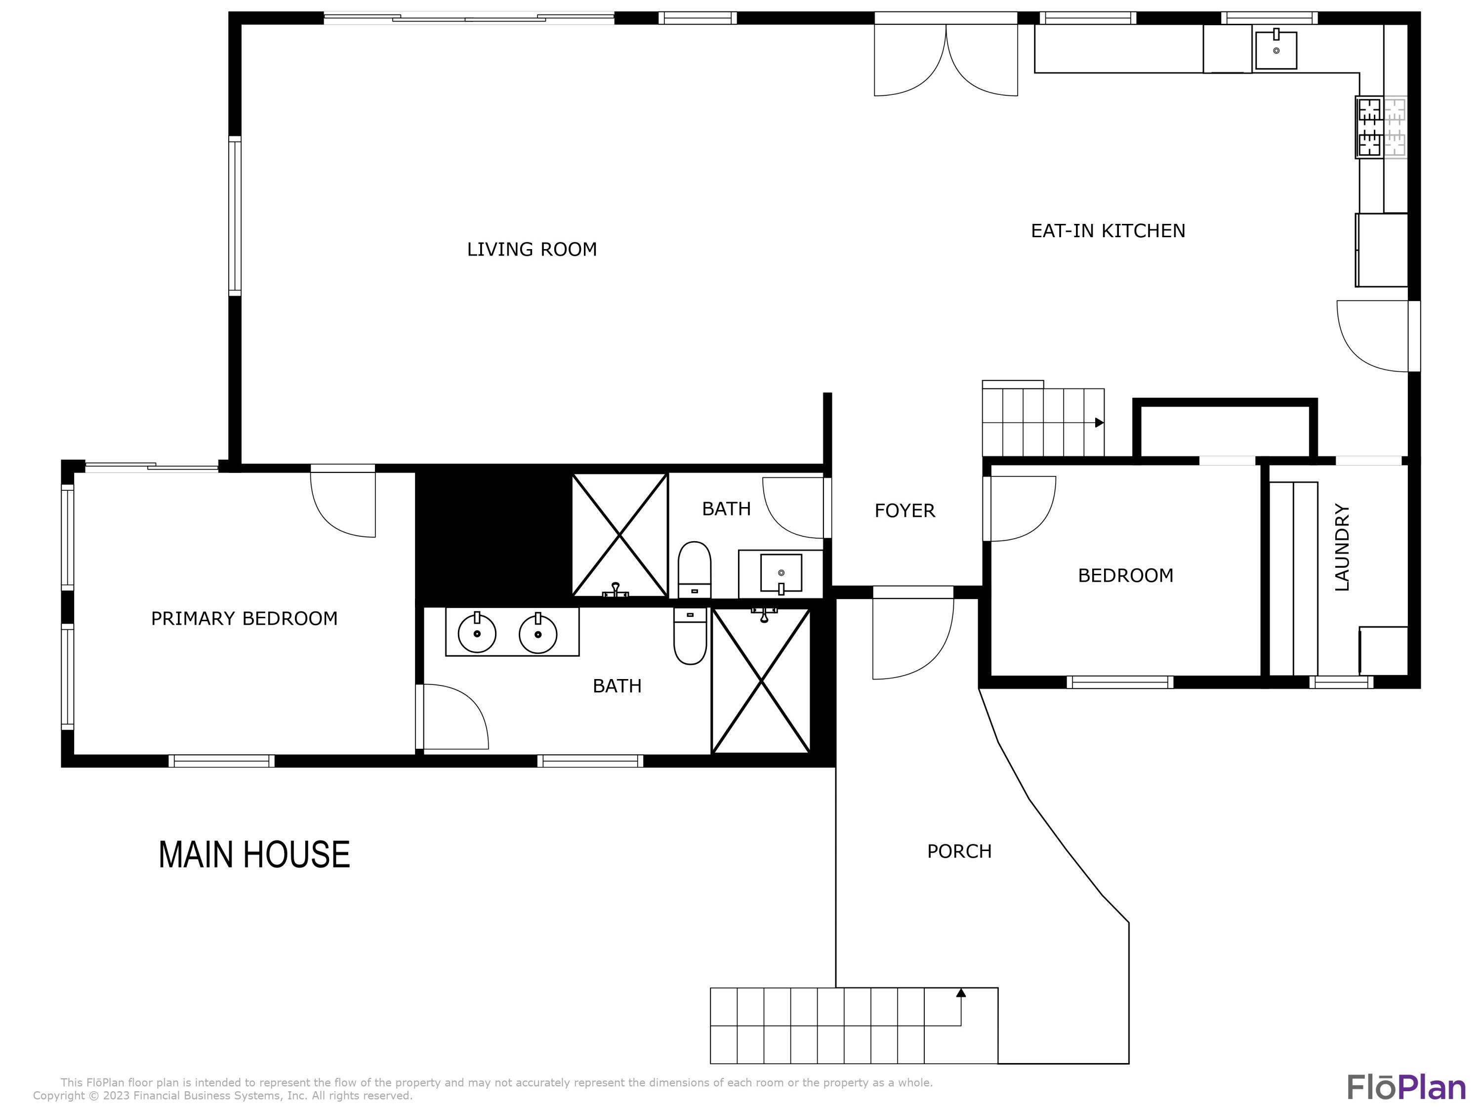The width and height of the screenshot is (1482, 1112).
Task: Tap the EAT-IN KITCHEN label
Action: click(x=1108, y=231)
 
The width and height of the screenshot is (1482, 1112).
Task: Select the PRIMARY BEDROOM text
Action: click(x=244, y=619)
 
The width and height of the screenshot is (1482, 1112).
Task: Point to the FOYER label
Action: click(x=905, y=511)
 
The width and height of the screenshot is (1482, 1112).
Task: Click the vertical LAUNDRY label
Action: click(x=1342, y=547)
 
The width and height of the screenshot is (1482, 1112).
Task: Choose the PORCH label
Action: click(x=959, y=851)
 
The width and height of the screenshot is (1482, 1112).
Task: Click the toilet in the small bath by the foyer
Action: click(x=695, y=570)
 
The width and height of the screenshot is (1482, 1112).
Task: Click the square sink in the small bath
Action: click(x=781, y=573)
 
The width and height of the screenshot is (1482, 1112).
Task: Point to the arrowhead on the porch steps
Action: click(x=961, y=993)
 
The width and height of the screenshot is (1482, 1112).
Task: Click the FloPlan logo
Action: click(x=1407, y=1087)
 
